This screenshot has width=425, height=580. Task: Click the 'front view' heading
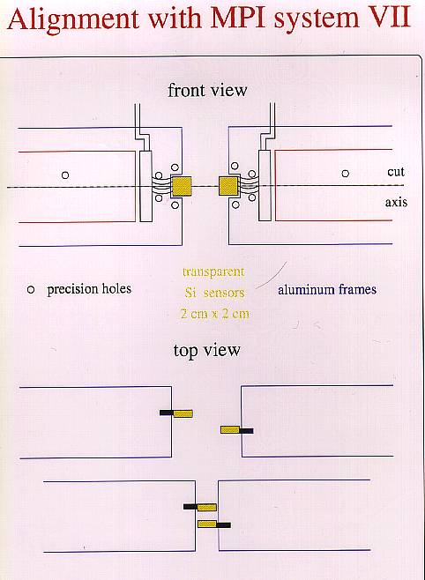[207, 90]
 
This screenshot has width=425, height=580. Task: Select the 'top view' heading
[206, 350]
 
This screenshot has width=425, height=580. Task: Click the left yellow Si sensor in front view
[182, 186]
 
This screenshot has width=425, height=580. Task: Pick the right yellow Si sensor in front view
[228, 186]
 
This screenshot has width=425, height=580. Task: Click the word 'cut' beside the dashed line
[396, 172]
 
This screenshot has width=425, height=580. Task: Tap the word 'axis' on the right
[396, 202]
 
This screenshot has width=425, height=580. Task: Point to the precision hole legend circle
[31, 290]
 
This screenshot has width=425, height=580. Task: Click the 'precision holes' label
[89, 289]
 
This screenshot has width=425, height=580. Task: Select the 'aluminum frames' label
[327, 290]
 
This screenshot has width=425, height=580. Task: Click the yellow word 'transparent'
[213, 271]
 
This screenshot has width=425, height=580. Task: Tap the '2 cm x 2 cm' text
[215, 314]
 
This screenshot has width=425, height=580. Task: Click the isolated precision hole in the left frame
[65, 175]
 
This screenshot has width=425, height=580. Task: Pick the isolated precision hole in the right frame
[345, 174]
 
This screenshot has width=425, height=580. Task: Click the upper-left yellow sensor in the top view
[183, 413]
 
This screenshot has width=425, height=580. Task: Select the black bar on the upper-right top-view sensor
[246, 431]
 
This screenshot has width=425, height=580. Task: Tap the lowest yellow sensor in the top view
[207, 524]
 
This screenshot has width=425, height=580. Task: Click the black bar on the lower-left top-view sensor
[190, 507]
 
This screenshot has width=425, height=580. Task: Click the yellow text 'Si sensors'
[215, 293]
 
